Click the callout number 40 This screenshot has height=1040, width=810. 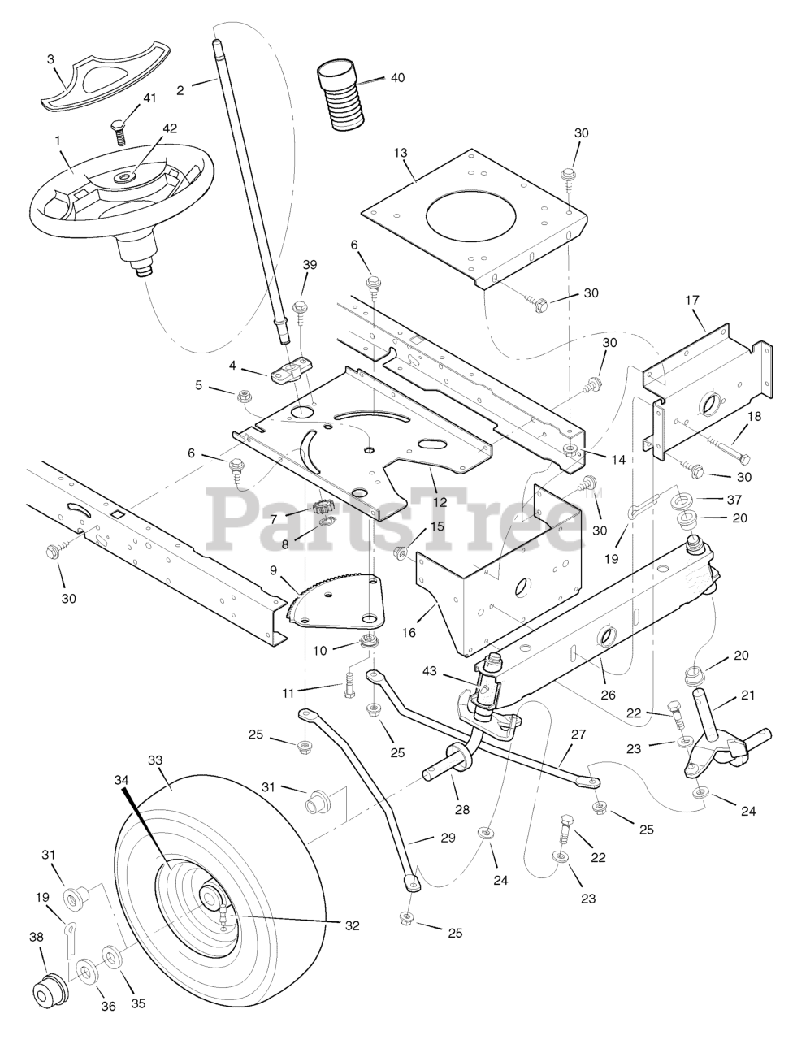point(397,78)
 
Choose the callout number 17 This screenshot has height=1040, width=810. point(692,300)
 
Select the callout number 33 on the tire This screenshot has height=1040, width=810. point(155,761)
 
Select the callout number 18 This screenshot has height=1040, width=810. point(755,416)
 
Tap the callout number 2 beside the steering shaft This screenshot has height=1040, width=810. point(180,90)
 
